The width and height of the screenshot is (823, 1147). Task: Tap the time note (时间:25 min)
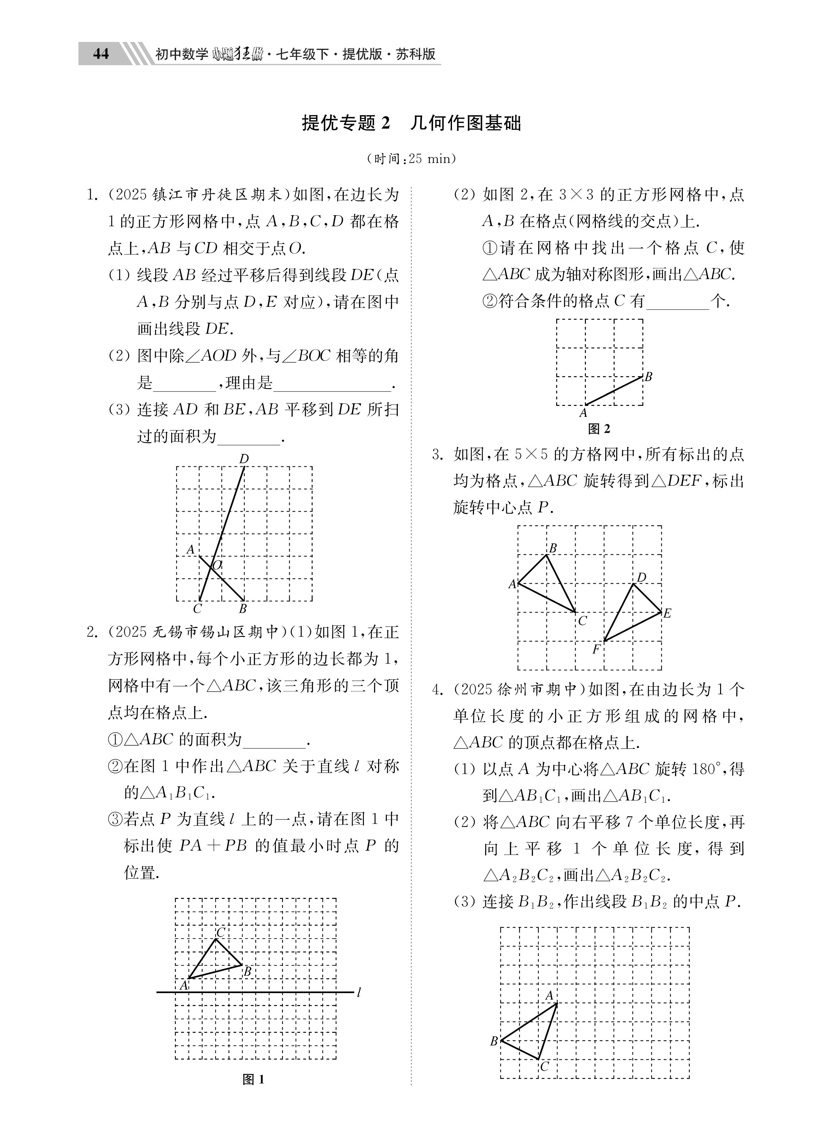pos(411,159)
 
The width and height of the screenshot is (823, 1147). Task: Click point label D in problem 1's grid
pos(244,459)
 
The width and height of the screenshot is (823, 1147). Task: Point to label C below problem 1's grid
pos(198,609)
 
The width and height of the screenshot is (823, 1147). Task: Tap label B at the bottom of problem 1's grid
pos(243,609)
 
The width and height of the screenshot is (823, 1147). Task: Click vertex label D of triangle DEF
pos(641,578)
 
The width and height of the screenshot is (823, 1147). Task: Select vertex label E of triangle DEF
pos(667,613)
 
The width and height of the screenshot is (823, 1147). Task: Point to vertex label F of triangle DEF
pos(597,649)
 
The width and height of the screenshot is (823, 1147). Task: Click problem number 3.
pos(437,455)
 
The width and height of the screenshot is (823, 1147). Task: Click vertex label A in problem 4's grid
pos(549,996)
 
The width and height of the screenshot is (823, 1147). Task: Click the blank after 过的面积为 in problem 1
pos(249,438)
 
